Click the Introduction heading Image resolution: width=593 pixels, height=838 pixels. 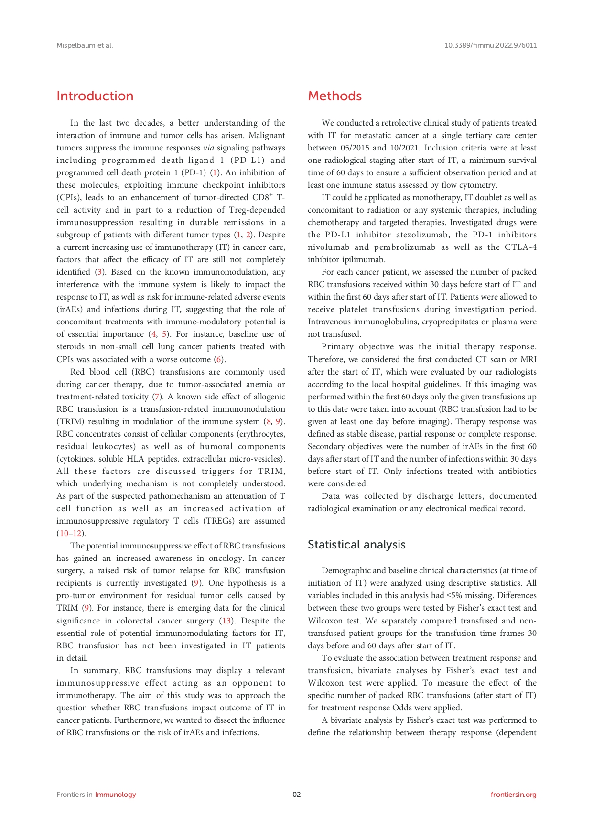(x=95, y=96)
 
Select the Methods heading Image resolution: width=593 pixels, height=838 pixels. (x=334, y=96)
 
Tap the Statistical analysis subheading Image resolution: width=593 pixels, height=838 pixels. (x=356, y=545)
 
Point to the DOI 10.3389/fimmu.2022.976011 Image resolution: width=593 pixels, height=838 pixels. (x=490, y=45)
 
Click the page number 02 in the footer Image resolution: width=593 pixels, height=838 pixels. (x=297, y=795)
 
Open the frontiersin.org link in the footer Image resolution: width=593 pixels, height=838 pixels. (x=513, y=795)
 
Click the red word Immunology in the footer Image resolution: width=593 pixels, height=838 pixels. (x=115, y=795)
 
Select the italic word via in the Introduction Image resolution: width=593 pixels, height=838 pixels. (x=208, y=148)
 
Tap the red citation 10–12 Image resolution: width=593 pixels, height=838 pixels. (x=70, y=533)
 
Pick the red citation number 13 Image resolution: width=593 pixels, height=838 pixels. (x=226, y=621)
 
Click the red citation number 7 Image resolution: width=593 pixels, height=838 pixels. (x=156, y=397)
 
